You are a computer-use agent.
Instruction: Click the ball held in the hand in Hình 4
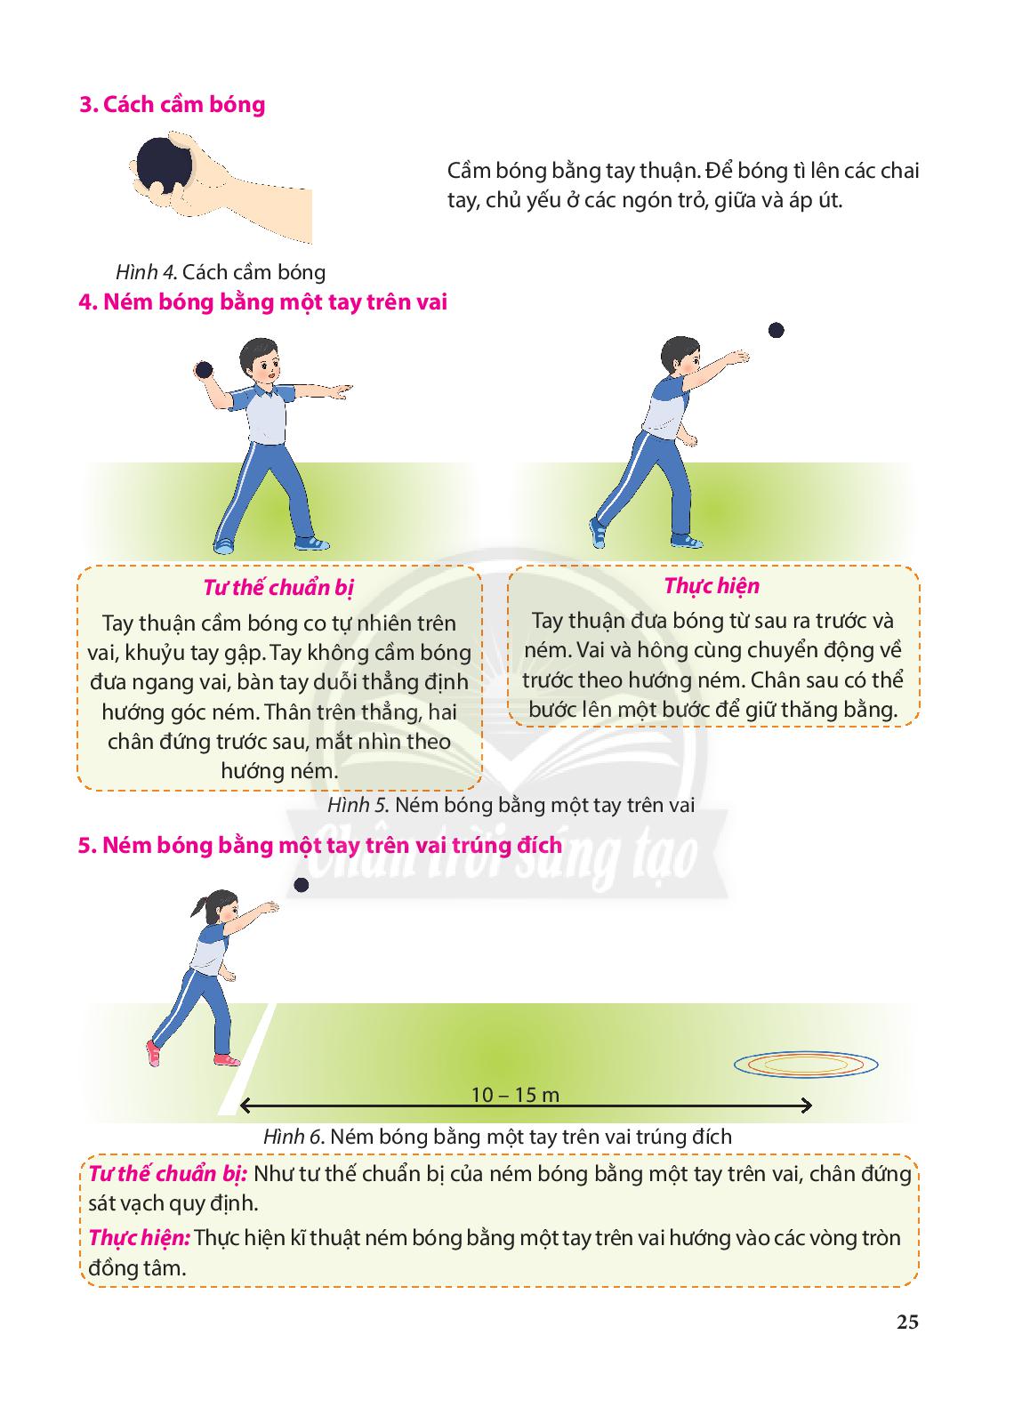(x=164, y=165)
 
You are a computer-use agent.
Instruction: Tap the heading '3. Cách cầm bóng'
(x=173, y=105)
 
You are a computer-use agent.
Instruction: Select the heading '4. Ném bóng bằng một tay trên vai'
(x=263, y=301)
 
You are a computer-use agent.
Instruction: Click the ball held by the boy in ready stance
(x=204, y=370)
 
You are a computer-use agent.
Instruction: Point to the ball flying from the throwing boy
(x=776, y=330)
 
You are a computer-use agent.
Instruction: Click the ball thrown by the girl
(x=302, y=885)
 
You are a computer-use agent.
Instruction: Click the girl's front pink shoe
(x=226, y=1059)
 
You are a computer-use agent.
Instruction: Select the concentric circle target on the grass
(x=806, y=1064)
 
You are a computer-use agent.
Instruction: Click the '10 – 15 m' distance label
(x=515, y=1095)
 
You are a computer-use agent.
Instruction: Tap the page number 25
(x=907, y=1322)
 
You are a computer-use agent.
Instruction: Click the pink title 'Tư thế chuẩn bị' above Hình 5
(x=278, y=588)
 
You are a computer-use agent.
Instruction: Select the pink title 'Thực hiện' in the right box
(x=712, y=586)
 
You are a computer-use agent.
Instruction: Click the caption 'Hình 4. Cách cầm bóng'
(x=221, y=272)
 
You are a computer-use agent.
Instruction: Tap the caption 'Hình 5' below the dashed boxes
(x=358, y=806)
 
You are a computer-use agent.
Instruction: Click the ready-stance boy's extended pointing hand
(x=340, y=390)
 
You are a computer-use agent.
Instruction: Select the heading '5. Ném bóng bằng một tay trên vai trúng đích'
(x=320, y=846)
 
